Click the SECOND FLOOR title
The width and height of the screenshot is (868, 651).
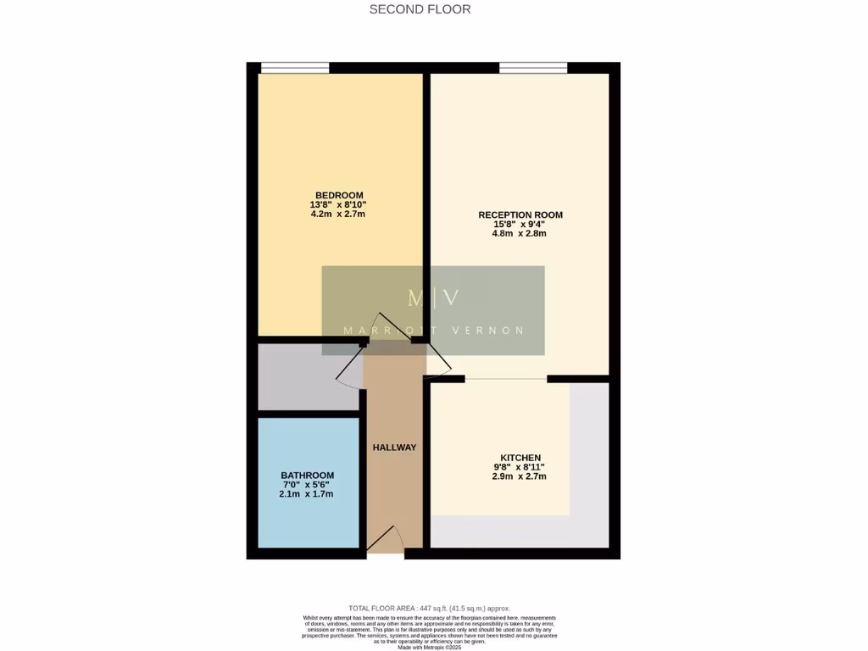[x=420, y=9]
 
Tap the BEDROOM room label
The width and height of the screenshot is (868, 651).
[x=339, y=195]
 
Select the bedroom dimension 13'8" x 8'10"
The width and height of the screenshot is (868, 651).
[x=338, y=204]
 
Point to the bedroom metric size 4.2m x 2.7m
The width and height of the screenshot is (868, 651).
[x=338, y=214]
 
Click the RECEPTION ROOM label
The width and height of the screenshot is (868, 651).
[x=520, y=214]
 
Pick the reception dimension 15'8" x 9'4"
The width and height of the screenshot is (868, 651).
[x=520, y=224]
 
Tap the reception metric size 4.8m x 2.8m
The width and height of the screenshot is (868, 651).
[x=520, y=233]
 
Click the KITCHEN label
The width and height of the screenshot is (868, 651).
[x=520, y=458]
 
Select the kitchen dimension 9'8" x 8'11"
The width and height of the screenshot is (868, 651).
[x=520, y=467]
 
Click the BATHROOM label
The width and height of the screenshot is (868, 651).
[x=307, y=476]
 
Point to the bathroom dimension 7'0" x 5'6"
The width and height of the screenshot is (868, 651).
[x=307, y=485]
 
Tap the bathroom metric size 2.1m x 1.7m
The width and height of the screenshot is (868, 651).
[x=307, y=494]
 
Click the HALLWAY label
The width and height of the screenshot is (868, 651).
[x=394, y=448]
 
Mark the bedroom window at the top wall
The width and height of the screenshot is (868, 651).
[x=294, y=68]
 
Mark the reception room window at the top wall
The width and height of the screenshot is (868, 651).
[x=533, y=68]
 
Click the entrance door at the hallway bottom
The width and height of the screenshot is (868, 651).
[x=386, y=542]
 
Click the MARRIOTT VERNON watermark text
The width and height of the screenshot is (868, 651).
[x=433, y=331]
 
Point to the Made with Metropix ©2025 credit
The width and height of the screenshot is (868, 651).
[x=430, y=648]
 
